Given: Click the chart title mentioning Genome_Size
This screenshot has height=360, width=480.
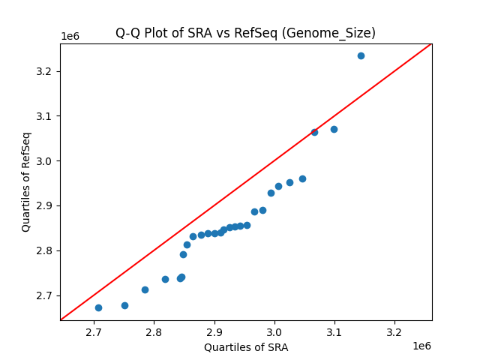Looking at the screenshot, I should tap(245, 33).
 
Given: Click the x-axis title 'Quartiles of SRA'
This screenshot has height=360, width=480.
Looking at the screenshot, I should tap(245, 347).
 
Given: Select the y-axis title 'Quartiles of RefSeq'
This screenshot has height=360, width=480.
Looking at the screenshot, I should tap(26, 181).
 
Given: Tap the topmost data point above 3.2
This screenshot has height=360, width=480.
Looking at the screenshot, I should tap(361, 55).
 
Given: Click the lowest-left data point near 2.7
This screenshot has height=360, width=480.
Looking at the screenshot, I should tap(98, 307).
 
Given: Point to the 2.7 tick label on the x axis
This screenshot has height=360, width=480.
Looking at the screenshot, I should tap(94, 331).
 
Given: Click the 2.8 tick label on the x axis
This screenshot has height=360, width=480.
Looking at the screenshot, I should tap(154, 331).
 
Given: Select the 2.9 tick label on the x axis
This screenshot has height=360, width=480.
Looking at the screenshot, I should tap(214, 331).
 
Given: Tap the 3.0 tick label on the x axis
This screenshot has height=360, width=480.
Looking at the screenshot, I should tap(274, 331).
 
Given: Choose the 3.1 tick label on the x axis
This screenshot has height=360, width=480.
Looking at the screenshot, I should tap(334, 331).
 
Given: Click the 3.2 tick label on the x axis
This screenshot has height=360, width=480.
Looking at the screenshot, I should tap(394, 331).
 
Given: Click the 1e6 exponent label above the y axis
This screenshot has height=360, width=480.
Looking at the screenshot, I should tap(70, 37).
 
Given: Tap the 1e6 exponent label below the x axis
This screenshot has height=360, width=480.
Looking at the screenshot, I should tap(421, 346).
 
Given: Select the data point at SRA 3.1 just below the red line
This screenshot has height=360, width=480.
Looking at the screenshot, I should tap(334, 129).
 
